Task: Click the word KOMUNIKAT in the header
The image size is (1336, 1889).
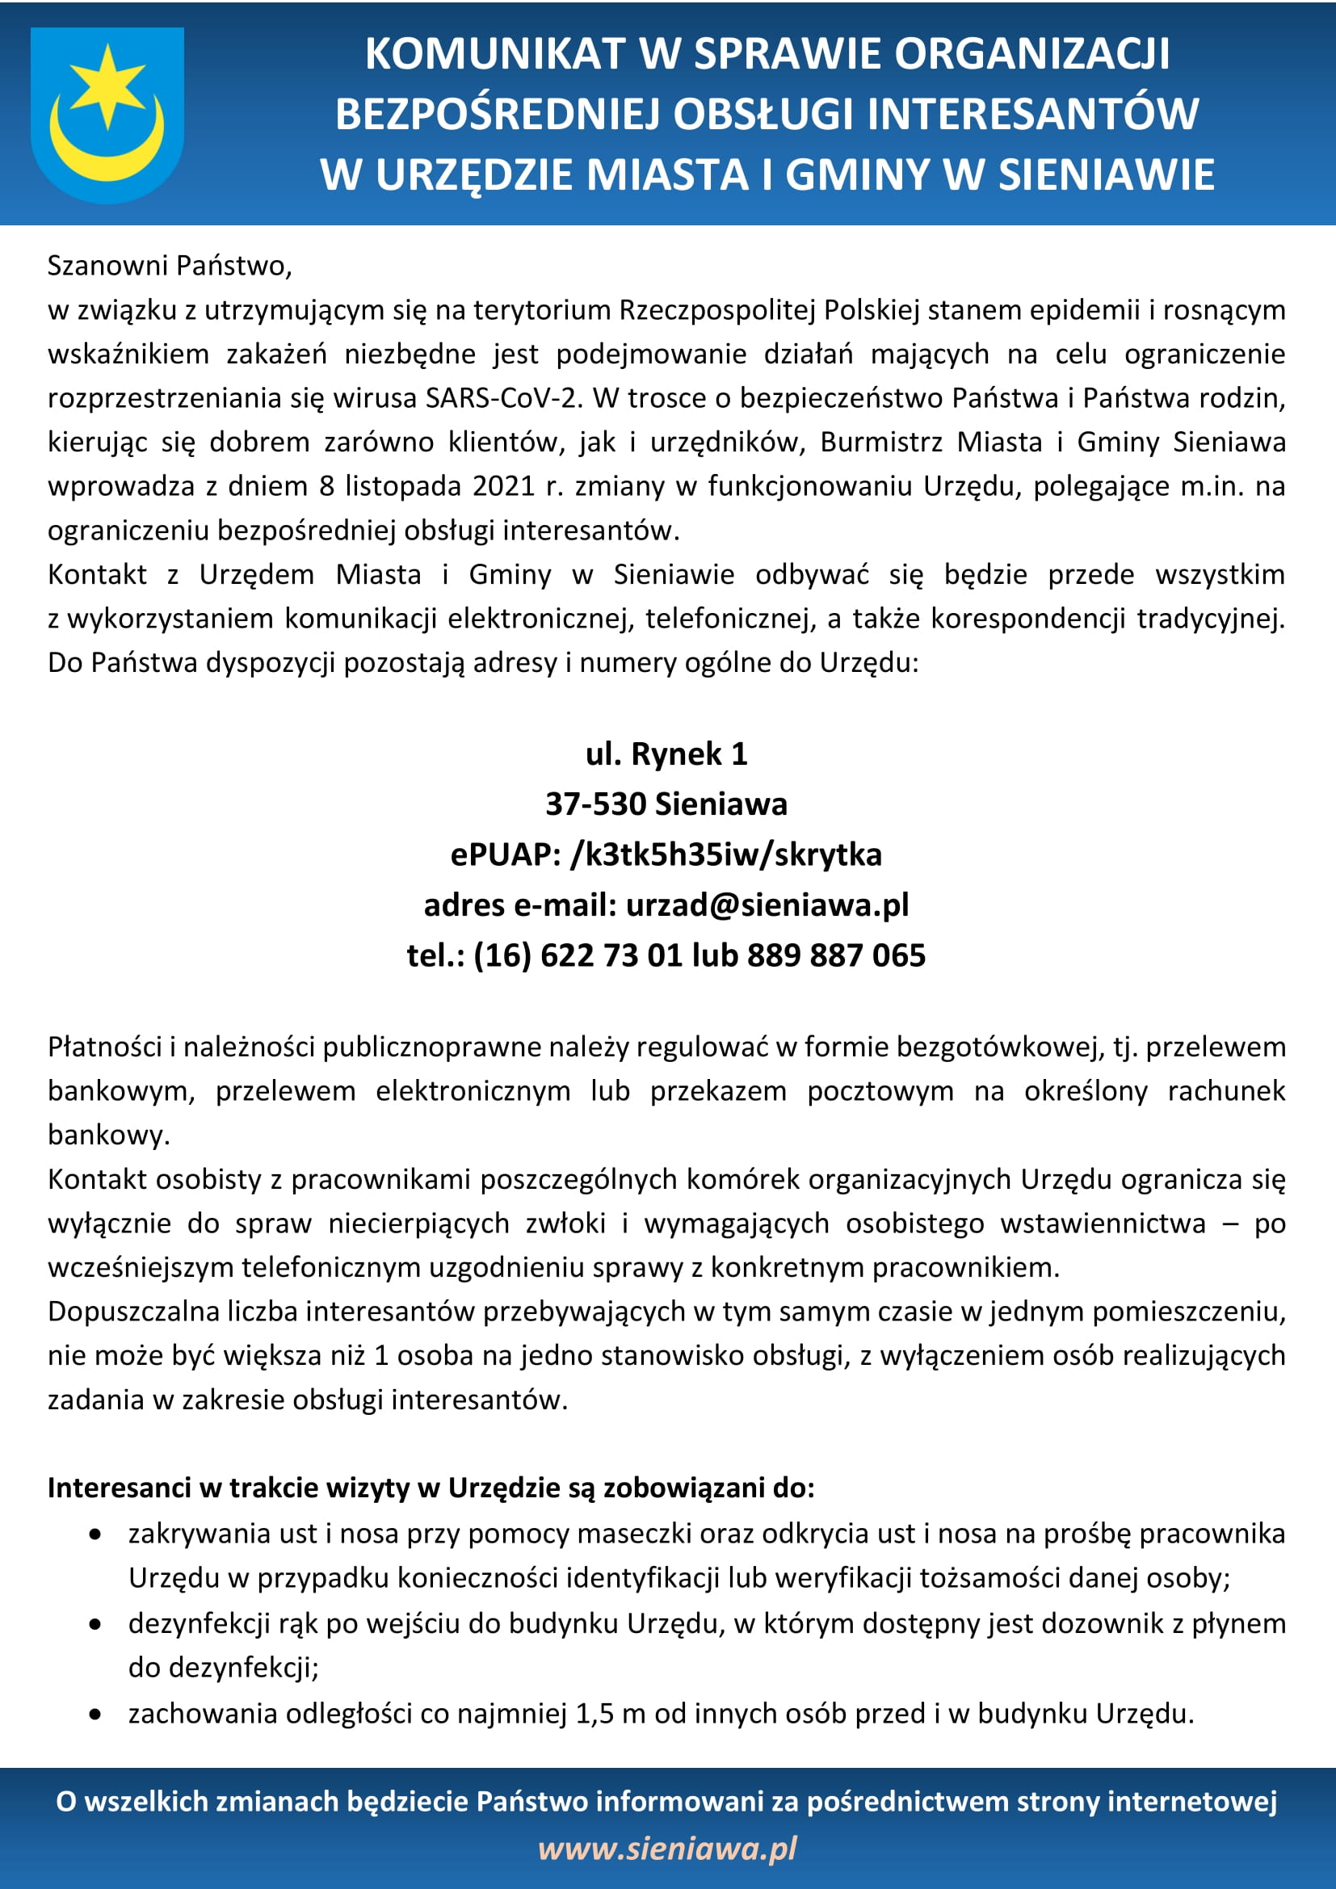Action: (x=493, y=54)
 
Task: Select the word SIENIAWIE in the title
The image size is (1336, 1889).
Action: (x=1106, y=174)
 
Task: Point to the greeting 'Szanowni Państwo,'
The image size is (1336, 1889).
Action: (x=170, y=266)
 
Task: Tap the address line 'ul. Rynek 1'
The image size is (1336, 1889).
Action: (x=666, y=754)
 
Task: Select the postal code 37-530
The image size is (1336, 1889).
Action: (x=595, y=804)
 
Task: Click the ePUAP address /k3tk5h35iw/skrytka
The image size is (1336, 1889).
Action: (x=725, y=854)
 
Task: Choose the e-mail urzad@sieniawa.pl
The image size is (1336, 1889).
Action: (x=767, y=905)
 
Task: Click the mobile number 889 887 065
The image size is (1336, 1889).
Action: (x=836, y=955)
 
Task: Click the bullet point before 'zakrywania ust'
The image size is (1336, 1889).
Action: (x=97, y=1534)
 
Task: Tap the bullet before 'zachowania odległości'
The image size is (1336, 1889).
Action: (x=97, y=1715)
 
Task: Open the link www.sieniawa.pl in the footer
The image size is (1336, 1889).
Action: (x=667, y=1848)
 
